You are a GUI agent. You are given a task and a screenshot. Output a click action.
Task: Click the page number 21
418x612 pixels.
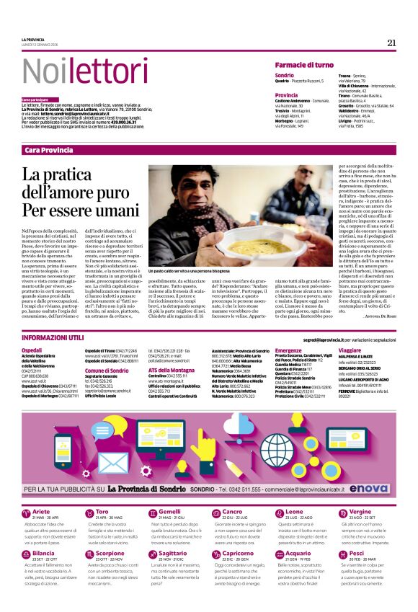pyautogui.click(x=391, y=43)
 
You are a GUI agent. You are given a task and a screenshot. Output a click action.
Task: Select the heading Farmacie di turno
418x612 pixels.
pyautogui.click(x=303, y=64)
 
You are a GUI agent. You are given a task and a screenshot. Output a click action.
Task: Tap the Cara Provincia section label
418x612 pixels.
pyautogui.click(x=48, y=149)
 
